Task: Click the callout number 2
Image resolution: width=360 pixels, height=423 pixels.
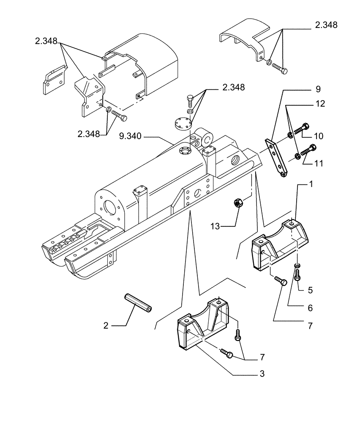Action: [106, 325]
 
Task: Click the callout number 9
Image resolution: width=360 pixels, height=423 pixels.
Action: [318, 89]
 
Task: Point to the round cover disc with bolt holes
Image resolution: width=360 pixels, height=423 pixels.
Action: [183, 125]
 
